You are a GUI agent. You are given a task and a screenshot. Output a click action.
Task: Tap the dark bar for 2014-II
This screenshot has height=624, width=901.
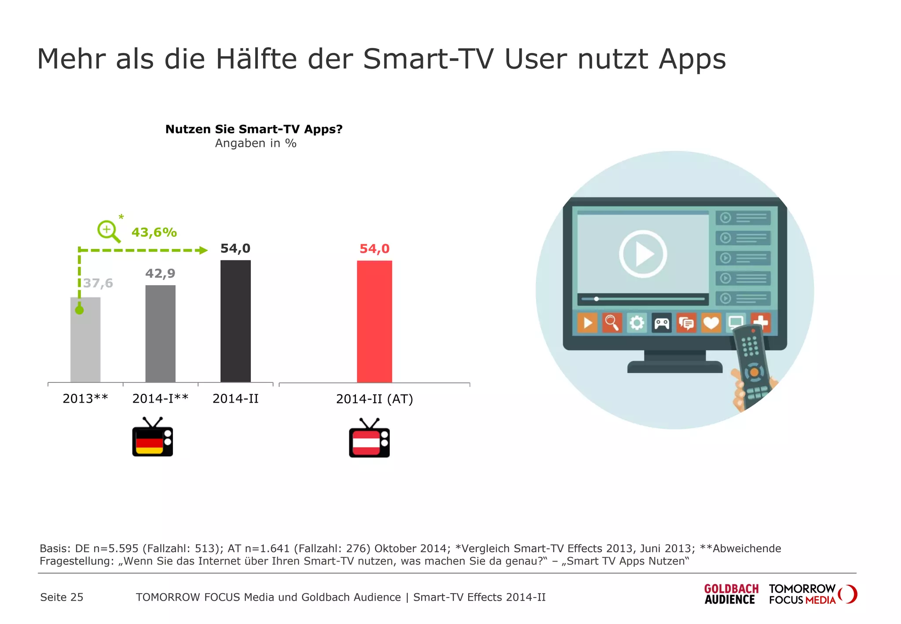[x=235, y=321]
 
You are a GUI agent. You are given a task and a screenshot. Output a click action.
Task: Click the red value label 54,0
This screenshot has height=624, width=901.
[x=374, y=249]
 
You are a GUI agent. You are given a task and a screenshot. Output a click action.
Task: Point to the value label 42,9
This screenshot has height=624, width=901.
[x=160, y=273]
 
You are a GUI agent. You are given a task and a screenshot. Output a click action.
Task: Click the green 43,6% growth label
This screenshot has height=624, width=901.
[x=154, y=232]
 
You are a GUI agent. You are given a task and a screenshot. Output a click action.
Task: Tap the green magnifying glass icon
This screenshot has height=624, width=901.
[x=108, y=231]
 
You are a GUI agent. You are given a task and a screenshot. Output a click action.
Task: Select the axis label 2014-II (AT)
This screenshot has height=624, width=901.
[x=374, y=399]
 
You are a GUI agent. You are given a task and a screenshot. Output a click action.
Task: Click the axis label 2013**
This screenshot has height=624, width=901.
[x=85, y=398]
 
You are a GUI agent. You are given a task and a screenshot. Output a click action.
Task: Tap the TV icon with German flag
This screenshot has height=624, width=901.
[x=153, y=437]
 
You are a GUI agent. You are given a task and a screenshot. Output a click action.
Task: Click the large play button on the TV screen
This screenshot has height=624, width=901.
[x=643, y=254]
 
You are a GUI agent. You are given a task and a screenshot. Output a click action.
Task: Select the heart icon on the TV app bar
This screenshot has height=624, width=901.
[x=711, y=323]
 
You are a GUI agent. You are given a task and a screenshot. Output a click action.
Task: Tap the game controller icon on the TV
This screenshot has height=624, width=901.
[x=661, y=323]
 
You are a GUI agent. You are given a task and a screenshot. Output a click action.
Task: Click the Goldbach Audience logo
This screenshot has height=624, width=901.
[x=731, y=594]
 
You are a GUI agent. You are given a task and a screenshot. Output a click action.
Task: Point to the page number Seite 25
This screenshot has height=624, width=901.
[x=62, y=597]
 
